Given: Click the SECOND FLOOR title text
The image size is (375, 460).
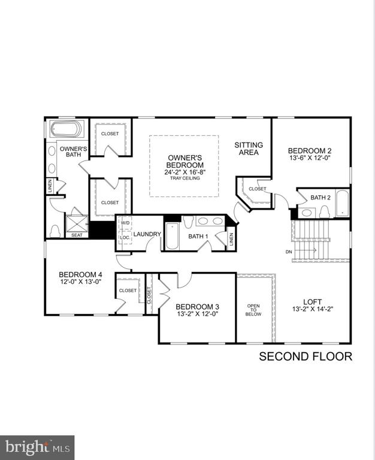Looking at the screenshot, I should coord(305,358).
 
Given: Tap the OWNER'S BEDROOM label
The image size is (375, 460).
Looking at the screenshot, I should coord(185,162).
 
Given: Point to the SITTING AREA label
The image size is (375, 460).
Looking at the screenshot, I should coord(246,149).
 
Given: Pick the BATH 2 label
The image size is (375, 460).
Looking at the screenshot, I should coord(320,197).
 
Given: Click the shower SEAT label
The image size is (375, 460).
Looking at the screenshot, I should coord(76,235).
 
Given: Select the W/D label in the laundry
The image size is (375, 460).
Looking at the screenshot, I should coord(125,223).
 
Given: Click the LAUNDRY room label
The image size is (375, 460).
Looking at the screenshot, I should coord(147,234).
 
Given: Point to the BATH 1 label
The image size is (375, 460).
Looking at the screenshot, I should coord(198,237).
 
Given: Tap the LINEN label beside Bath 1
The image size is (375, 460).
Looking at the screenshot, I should coord(231,238).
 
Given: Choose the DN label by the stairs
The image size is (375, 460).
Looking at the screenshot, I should coord(289,252).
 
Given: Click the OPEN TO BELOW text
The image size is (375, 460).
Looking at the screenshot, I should coord(253,310).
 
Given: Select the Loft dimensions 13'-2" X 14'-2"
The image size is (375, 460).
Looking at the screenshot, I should coord(312,310).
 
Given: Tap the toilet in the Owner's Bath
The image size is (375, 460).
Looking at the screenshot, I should coord(56,229).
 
